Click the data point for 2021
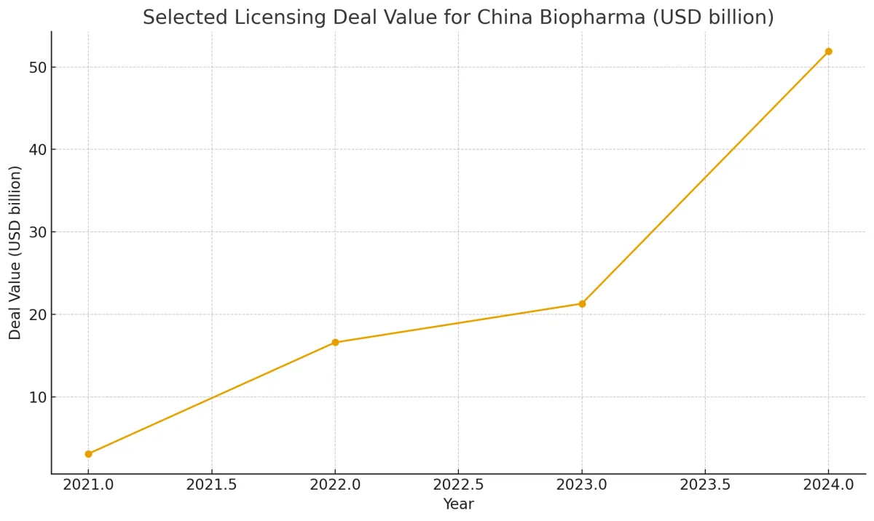[88, 454]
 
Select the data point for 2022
[335, 342]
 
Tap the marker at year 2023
[582, 303]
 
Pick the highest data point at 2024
[828, 52]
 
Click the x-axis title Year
[458, 504]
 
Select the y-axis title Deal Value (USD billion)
[16, 252]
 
